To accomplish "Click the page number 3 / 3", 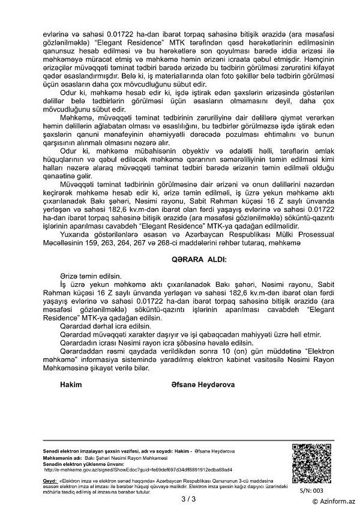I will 180,498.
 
